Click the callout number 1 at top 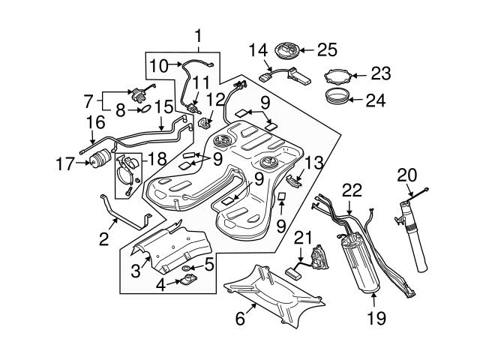pos(198,36)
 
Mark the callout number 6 pos(240,318)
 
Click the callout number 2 pos(104,239)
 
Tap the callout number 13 pos(314,162)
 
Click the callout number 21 pos(301,238)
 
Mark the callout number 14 pos(257,50)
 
